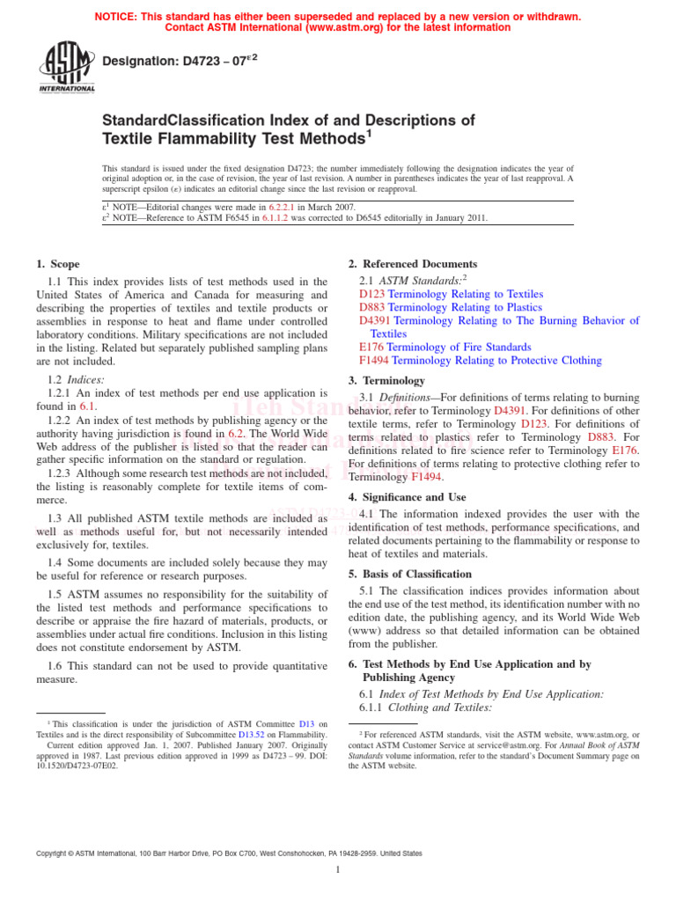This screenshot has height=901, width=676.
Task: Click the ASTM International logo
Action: pyautogui.click(x=66, y=67)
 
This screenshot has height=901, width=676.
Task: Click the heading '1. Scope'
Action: pyautogui.click(x=58, y=264)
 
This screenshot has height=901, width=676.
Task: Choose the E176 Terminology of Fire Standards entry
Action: pyautogui.click(x=445, y=348)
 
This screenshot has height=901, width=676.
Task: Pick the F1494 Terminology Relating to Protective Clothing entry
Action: pyautogui.click(x=481, y=361)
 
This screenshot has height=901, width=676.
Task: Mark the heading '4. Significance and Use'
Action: pyautogui.click(x=408, y=497)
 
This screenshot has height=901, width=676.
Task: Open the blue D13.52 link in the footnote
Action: pyautogui.click(x=253, y=735)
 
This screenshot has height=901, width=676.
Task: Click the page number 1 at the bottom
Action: pyautogui.click(x=338, y=870)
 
